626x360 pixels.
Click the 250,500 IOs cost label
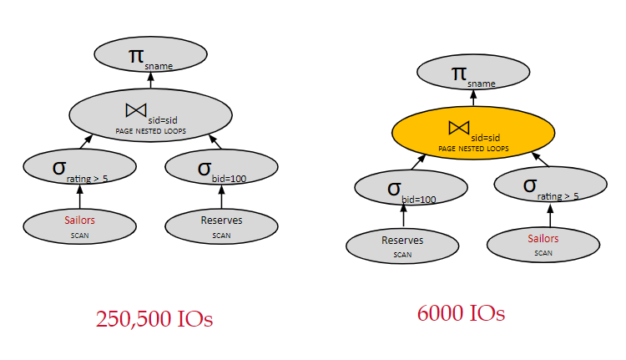154,319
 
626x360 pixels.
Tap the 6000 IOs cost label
461,313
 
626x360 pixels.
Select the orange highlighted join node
473,134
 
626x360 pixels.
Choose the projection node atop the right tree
473,74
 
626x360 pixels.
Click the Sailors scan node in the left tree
80,225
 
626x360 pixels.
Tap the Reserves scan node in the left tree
221,225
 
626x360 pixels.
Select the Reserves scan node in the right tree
402,245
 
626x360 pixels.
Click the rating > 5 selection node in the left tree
80,168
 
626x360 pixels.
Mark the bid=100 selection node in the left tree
221,168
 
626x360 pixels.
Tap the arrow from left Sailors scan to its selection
80,196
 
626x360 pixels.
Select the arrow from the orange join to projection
473,99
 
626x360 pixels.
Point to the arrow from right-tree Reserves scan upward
404,216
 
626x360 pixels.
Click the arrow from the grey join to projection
150,80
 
